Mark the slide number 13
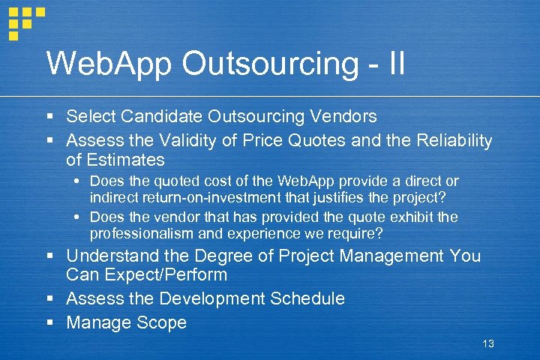(x=488, y=343)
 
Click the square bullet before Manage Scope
(x=49, y=323)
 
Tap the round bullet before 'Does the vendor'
(x=79, y=217)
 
